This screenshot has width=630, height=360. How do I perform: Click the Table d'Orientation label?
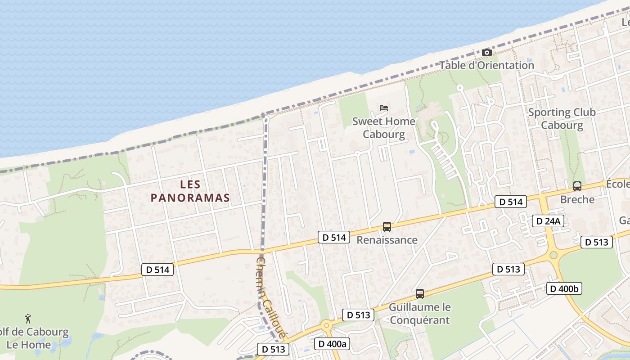pos(486,65)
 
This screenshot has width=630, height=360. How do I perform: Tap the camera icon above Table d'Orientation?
pos(486,53)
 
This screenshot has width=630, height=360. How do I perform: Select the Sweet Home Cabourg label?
pos(384,128)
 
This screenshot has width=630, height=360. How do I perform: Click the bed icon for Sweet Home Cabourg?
pos(384,108)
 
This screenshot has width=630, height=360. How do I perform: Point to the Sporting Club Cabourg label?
pos(562,119)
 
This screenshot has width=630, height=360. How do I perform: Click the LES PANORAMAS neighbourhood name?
pos(190,191)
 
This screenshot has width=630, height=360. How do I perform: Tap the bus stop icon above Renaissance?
pos(387,227)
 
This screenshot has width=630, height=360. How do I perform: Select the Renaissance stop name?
pos(387,240)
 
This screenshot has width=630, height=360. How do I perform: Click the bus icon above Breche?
pos(577,186)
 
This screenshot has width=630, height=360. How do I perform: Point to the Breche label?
pos(577,199)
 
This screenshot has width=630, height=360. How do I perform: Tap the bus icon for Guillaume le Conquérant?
pos(420,294)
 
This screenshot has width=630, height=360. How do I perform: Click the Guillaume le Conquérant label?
pos(419,314)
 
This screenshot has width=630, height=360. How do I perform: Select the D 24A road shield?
pos(548,221)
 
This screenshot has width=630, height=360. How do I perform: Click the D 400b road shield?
pos(564,288)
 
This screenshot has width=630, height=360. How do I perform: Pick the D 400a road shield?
pos(332,344)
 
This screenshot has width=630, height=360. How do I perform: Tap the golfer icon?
pos(28,319)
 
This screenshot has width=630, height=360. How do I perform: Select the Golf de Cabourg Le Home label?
pos(34,339)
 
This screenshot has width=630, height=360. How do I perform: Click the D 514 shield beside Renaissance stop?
pos(333,237)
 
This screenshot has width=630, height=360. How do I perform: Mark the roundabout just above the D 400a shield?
pos(326,325)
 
